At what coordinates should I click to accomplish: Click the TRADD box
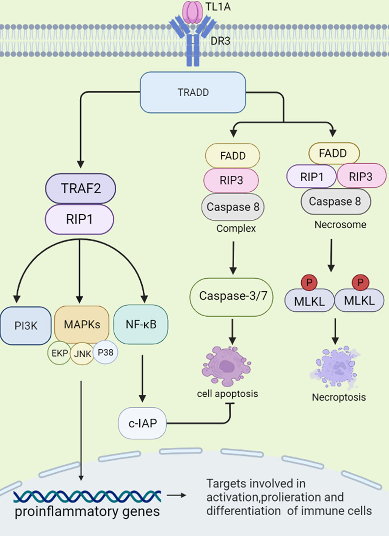[x=193, y=92]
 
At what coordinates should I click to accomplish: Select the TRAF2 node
[x=81, y=188]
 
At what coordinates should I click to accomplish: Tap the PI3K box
[x=26, y=326]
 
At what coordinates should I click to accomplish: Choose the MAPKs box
[x=82, y=324]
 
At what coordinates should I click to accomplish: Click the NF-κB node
[x=141, y=324]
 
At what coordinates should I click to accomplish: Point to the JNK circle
[x=82, y=354]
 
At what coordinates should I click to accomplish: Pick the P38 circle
[x=105, y=352]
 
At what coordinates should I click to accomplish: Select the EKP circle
[x=59, y=353]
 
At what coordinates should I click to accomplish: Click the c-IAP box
[x=142, y=423]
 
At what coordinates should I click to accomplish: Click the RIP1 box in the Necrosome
[x=311, y=177]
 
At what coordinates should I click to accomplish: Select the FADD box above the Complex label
[x=233, y=155]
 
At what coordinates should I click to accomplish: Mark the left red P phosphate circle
[x=309, y=282]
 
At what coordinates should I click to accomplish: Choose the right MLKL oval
[x=359, y=300]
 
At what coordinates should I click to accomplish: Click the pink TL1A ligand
[x=193, y=12]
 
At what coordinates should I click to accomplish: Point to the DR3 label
[x=220, y=41]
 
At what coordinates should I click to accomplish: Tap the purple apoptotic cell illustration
[x=227, y=366]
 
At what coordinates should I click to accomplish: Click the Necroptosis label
[x=339, y=397]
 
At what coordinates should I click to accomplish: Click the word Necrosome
[x=340, y=225]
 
